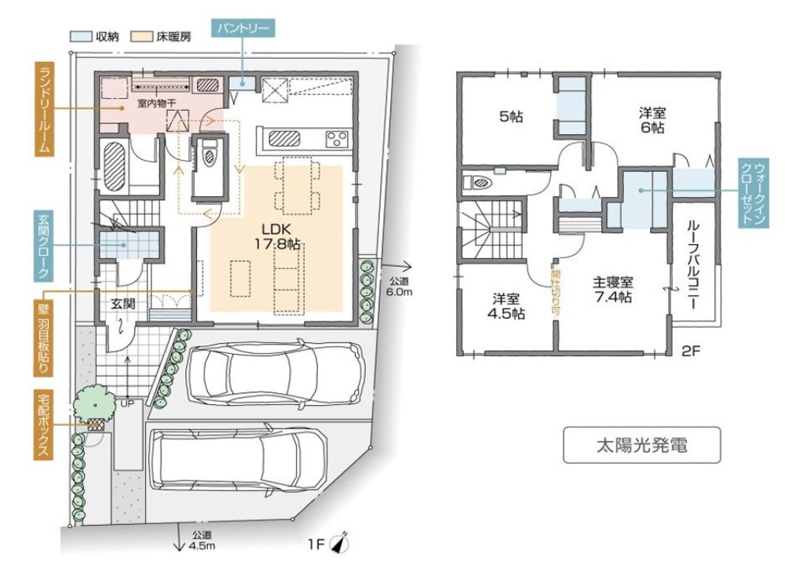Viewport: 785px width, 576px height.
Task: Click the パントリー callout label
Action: (243, 27)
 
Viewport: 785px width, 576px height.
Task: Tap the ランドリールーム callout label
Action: (44, 108)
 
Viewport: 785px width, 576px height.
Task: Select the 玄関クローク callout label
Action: (44, 246)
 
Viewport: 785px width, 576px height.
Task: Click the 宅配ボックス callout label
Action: (44, 425)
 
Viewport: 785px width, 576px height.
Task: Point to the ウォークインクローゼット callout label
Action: (754, 193)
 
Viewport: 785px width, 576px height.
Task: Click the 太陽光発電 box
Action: (642, 444)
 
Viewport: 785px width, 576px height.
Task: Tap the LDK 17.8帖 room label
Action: (276, 237)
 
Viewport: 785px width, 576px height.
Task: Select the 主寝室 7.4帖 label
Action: (613, 290)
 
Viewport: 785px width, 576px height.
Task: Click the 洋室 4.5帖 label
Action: (506, 306)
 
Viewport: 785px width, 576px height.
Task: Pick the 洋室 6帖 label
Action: (652, 120)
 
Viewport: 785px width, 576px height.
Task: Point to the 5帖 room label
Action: (511, 117)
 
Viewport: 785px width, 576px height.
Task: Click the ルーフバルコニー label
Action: (693, 264)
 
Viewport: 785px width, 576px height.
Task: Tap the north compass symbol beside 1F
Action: (341, 542)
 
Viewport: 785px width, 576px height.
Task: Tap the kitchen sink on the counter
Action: (284, 138)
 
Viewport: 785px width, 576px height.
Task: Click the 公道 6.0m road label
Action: (399, 286)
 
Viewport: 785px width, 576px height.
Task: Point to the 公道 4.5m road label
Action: (202, 541)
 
